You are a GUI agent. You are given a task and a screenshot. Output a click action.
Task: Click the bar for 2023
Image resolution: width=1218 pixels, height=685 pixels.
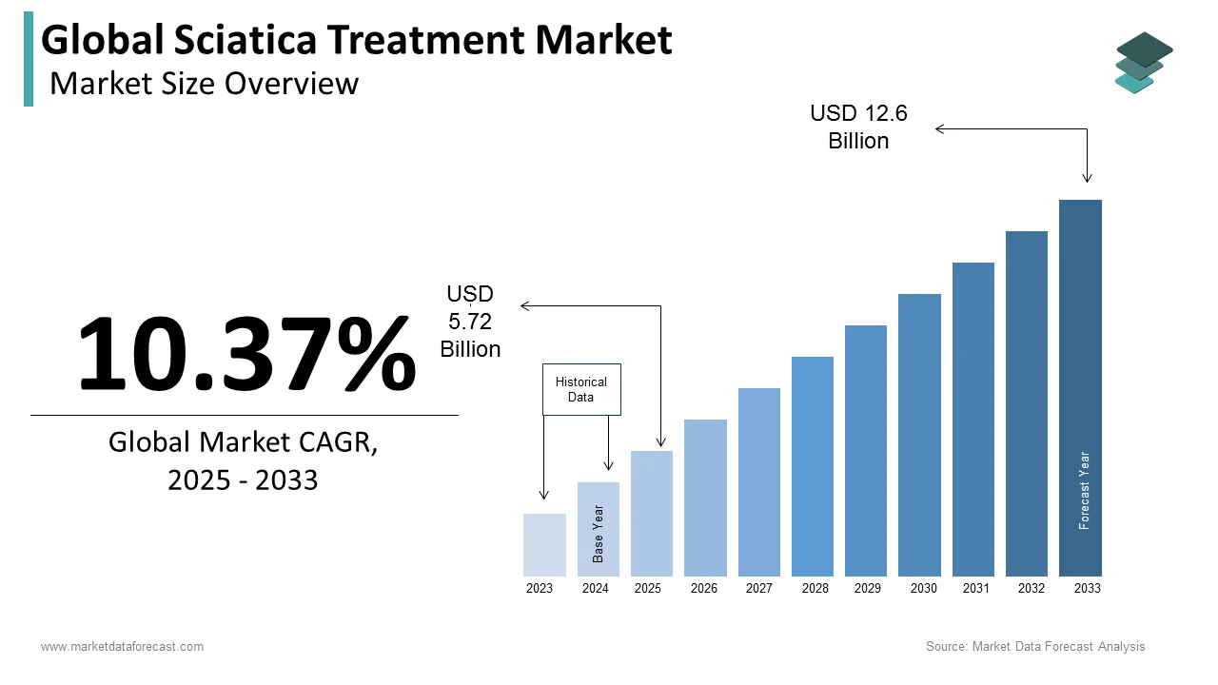click(544, 544)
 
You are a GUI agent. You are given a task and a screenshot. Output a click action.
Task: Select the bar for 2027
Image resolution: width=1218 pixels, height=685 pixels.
click(758, 481)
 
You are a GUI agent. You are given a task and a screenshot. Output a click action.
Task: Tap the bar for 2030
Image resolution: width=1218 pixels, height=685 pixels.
click(919, 435)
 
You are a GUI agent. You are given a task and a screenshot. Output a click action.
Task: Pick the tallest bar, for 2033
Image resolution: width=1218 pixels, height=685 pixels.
click(1080, 387)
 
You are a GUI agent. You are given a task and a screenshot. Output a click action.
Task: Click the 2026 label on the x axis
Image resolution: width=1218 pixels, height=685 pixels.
click(704, 589)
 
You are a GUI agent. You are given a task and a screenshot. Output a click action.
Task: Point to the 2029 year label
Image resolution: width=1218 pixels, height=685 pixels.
click(868, 589)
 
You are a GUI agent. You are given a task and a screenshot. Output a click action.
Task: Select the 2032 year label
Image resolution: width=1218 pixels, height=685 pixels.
click(1031, 589)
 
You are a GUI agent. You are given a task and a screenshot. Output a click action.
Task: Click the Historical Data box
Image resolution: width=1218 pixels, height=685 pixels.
click(581, 389)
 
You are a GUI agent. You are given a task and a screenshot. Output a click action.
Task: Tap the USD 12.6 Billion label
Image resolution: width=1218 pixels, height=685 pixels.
click(858, 127)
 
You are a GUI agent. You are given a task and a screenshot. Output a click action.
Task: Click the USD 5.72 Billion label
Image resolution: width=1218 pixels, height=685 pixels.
click(470, 322)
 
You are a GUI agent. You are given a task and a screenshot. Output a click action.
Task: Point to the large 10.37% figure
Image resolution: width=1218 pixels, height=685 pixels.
click(246, 354)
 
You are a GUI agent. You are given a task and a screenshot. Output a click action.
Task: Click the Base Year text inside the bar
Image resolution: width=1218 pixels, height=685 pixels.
click(599, 533)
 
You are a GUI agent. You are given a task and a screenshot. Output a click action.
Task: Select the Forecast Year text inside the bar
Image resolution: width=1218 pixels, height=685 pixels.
click(1084, 490)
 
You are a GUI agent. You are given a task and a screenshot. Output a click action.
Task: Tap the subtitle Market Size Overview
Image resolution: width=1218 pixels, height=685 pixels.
click(204, 84)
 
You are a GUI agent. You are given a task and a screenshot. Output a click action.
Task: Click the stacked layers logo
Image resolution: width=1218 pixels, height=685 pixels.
click(1143, 62)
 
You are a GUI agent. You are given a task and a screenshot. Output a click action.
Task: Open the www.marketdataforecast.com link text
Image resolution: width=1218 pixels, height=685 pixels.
click(122, 647)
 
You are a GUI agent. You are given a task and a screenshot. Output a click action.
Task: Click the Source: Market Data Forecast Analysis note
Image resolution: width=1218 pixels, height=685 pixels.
click(1035, 647)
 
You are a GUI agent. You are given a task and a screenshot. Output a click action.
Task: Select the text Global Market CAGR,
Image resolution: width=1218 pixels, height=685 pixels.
click(243, 442)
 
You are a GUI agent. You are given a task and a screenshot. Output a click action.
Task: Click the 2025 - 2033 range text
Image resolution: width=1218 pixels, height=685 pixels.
click(243, 480)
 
